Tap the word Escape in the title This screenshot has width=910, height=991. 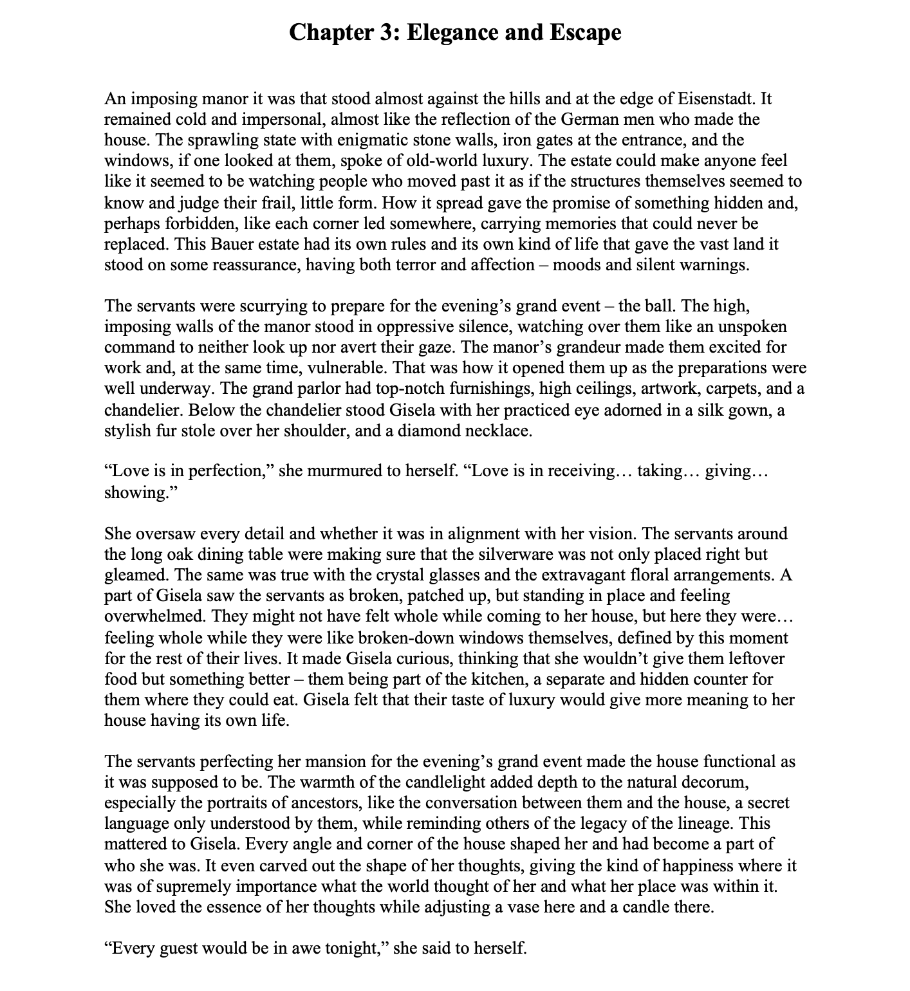(x=586, y=32)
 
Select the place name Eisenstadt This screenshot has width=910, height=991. (x=717, y=99)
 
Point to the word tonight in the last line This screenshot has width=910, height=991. (x=354, y=949)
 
